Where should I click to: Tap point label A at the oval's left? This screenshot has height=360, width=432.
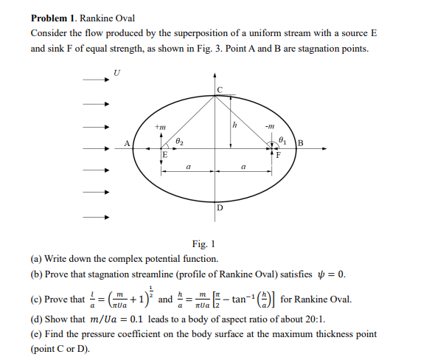[x=127, y=144]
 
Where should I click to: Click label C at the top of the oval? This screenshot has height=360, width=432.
[x=219, y=89]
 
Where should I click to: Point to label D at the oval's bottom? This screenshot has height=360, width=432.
[x=219, y=209]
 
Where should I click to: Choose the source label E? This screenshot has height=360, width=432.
[x=164, y=155]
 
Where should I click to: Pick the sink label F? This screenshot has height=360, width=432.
[x=278, y=155]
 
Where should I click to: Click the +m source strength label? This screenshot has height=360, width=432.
[x=159, y=126]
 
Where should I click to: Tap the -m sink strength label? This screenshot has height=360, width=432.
[x=271, y=125]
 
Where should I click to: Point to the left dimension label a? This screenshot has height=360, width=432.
[x=189, y=167]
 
